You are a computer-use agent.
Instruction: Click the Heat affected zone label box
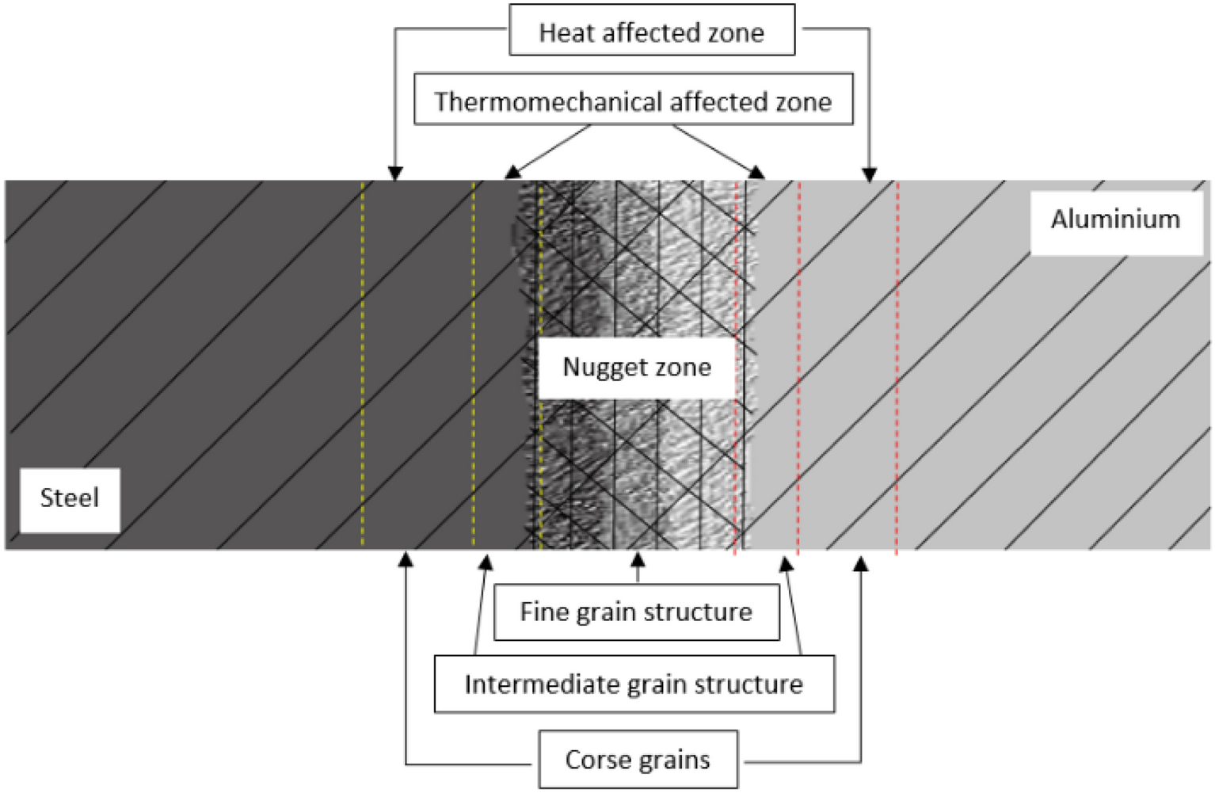pos(651,31)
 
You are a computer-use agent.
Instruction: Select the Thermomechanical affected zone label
pos(633,101)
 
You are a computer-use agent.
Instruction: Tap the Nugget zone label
pos(637,368)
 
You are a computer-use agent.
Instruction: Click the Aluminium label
pos(1115,219)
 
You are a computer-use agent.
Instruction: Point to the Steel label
pos(70,498)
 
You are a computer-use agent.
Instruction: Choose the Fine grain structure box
pos(636,612)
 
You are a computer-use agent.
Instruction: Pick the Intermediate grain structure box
pos(634,684)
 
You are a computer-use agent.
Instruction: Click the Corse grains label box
pos(638,760)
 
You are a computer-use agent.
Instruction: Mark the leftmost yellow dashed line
pos(363,364)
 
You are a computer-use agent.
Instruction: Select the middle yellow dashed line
pos(474,364)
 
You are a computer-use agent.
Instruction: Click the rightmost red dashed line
pos(897,364)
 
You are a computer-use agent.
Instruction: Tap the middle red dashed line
pos(798,364)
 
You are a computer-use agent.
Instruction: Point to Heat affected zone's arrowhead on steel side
pos(395,173)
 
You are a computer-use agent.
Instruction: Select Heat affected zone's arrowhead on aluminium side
pos(870,173)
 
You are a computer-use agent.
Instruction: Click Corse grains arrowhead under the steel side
pos(406,559)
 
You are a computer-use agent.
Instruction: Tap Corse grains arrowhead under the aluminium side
pos(861,562)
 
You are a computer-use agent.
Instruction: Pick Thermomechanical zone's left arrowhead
pos(513,172)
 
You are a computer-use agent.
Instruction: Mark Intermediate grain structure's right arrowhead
pos(786,564)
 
